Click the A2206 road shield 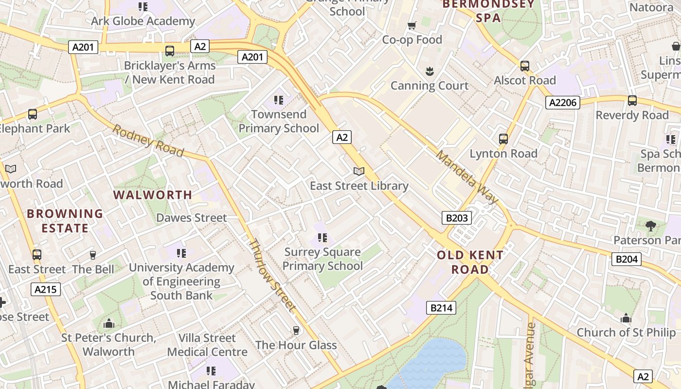[x=562, y=102]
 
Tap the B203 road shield [x=457, y=217]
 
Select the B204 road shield [x=626, y=259]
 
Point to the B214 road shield [x=442, y=307]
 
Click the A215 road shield [x=46, y=289]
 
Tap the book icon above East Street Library [x=359, y=171]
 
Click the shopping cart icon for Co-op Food [x=412, y=25]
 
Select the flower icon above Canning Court [x=430, y=71]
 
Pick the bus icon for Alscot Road [x=525, y=66]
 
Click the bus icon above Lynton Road [x=503, y=139]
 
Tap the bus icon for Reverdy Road [x=632, y=101]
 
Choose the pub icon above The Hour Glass [x=296, y=331]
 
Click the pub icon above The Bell [x=93, y=255]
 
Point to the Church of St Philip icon [x=626, y=318]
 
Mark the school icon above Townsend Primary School [x=279, y=100]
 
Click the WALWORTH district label [x=153, y=195]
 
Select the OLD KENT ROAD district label [x=470, y=262]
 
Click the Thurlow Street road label [x=272, y=275]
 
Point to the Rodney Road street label [x=148, y=141]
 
